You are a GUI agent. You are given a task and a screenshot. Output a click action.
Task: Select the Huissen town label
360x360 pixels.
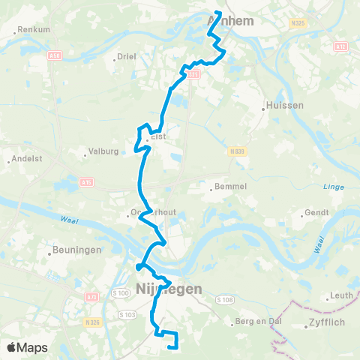(x=287, y=106)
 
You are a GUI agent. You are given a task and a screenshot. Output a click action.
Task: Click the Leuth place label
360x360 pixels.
(x=341, y=295)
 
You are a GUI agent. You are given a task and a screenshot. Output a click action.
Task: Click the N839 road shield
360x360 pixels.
(x=239, y=151)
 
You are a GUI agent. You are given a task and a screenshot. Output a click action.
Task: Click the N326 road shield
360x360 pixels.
(x=93, y=322)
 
